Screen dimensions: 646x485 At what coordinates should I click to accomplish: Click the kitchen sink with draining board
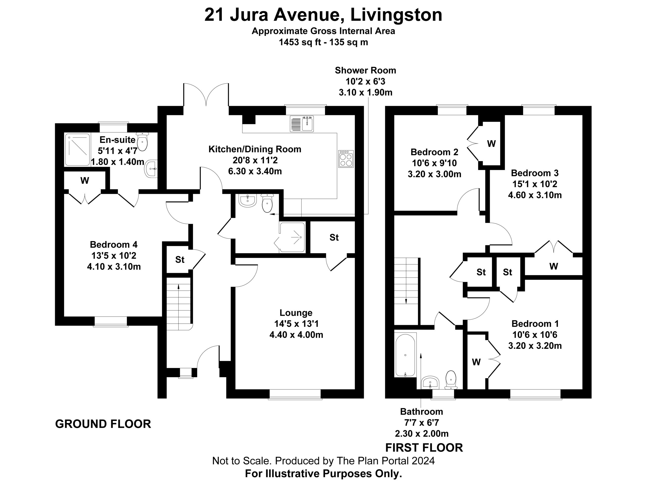pos(302,124)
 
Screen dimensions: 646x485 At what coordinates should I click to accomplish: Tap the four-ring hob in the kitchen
pos(346,159)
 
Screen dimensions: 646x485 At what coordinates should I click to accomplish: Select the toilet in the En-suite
pos(142,141)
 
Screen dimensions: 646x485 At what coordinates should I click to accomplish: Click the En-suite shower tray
pos(77,150)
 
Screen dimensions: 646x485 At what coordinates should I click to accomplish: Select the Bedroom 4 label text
pos(114,245)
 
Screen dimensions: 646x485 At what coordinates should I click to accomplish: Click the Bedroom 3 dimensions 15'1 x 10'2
pos(535,184)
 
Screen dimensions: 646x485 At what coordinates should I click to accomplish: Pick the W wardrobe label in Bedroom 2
pos(492,143)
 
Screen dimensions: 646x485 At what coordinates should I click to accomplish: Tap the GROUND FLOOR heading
pos(103,424)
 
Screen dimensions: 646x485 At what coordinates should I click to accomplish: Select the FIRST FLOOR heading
pos(424,448)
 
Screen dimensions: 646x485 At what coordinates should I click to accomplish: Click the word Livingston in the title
pos(396,15)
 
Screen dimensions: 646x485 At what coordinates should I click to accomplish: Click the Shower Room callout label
pos(365,70)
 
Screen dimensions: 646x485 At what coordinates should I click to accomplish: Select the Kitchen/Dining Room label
pos(255,149)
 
